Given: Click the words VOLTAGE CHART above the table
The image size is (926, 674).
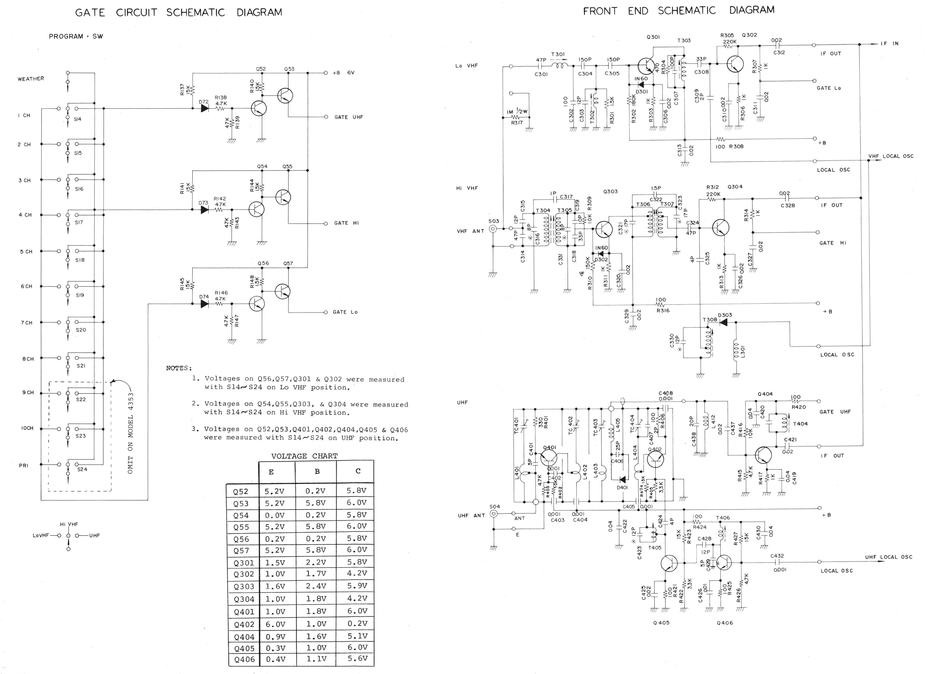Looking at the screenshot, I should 304,456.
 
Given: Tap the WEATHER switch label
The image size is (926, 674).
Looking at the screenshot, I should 31,79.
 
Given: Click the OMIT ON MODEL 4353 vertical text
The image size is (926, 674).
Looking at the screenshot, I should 130,433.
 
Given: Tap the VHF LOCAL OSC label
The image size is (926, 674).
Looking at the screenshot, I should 890,156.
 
